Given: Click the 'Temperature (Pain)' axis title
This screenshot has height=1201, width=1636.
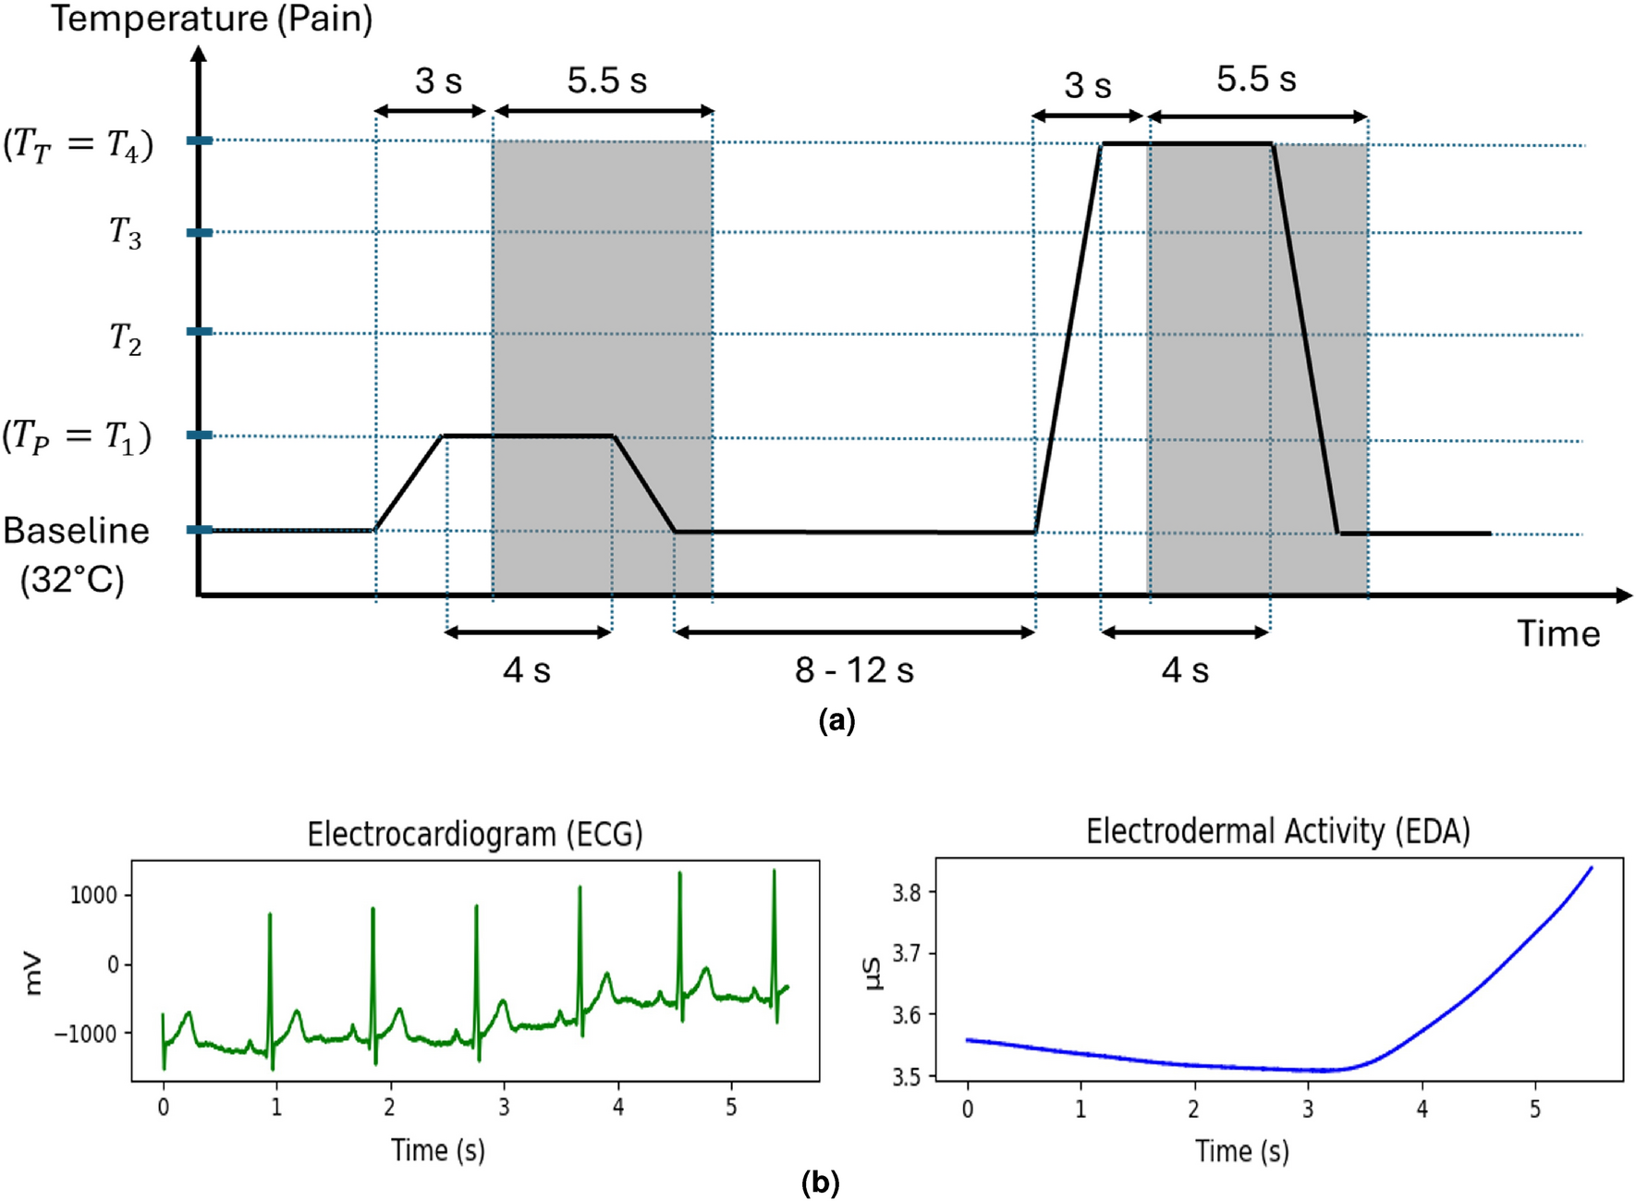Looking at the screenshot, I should (211, 18).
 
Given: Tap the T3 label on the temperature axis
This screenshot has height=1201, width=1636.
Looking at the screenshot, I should (126, 233).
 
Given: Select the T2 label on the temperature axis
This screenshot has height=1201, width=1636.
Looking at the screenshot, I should (126, 338).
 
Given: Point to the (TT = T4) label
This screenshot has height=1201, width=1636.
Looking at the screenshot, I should (78, 145).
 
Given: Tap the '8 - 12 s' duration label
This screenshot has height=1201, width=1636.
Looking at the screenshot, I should (854, 670).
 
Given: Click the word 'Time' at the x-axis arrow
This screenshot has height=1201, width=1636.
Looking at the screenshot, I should (1558, 634).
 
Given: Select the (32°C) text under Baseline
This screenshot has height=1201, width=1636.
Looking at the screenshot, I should (72, 581).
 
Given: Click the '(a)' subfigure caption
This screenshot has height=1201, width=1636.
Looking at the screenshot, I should (836, 720).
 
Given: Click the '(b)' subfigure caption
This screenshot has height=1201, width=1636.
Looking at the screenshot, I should (820, 1183).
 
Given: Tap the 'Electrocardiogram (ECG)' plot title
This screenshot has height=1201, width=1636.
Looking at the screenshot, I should (474, 834).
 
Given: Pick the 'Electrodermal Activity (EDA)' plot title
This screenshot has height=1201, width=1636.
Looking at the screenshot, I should (1277, 831).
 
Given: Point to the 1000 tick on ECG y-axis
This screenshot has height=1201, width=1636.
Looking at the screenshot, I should (93, 895).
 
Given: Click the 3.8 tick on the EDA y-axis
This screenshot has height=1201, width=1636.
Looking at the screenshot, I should (907, 892).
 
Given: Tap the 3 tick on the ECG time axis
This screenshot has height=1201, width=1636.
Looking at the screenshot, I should (504, 1107).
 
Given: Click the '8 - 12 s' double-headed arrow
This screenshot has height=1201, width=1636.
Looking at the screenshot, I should (854, 632).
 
